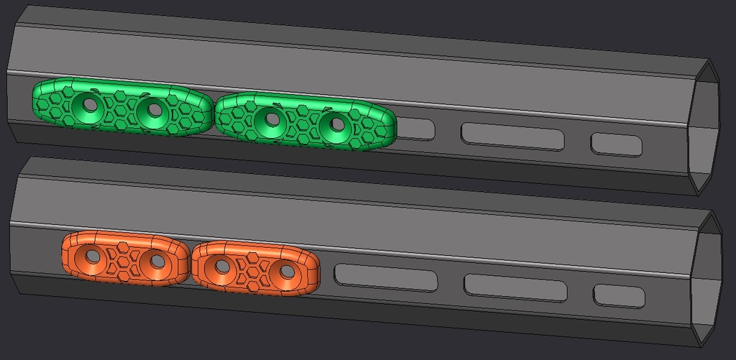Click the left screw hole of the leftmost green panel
tap(91, 106)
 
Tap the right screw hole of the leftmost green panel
tap(153, 109)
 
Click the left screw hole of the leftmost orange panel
tap(93, 255)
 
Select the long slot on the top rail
tap(512, 136)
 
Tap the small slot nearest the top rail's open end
tap(616, 144)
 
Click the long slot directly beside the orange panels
tap(386, 277)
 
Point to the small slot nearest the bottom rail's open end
tap(619, 295)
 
